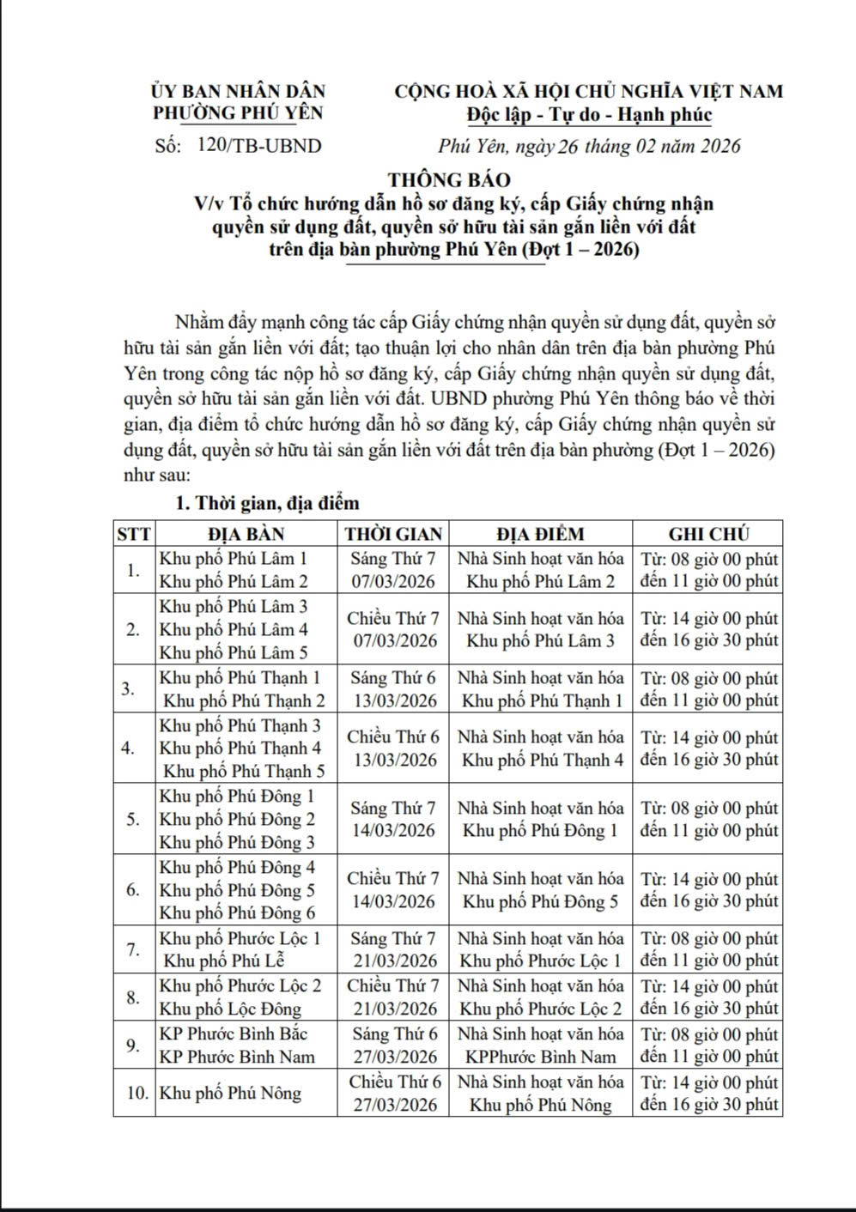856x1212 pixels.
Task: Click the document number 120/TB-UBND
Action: click(x=258, y=146)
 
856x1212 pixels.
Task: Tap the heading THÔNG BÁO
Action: click(x=449, y=180)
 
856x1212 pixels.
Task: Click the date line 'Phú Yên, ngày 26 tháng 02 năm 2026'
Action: click(x=588, y=146)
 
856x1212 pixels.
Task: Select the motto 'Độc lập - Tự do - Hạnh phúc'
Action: click(x=589, y=114)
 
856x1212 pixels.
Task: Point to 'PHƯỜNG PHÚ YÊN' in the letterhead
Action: click(x=238, y=112)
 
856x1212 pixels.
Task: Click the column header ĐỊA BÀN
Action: click(x=246, y=533)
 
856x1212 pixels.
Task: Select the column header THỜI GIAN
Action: click(x=393, y=533)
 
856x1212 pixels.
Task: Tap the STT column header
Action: click(x=133, y=533)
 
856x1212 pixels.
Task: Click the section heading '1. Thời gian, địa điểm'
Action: click(x=267, y=503)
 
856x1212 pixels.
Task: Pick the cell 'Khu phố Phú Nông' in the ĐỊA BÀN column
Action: click(x=231, y=1093)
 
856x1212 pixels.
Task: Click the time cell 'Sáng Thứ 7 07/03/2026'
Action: click(x=393, y=570)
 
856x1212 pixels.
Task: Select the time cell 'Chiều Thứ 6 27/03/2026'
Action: click(x=394, y=1093)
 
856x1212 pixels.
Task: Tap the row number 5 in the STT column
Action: click(x=133, y=819)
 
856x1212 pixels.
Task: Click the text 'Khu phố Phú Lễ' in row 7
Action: click(x=223, y=961)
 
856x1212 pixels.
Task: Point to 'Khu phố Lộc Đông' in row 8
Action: click(x=231, y=1009)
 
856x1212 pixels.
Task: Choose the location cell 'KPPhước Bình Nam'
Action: click(x=540, y=1057)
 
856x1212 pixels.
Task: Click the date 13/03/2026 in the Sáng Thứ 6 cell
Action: click(x=394, y=700)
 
